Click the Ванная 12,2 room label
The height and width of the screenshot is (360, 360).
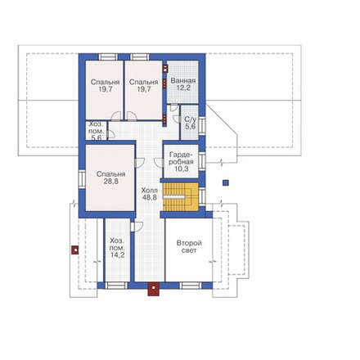[x=183, y=84]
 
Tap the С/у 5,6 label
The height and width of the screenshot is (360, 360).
[x=190, y=123]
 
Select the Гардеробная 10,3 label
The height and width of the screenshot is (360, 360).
[x=182, y=162]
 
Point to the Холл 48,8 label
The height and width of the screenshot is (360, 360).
[x=150, y=194]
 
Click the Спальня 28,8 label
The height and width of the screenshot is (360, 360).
[x=111, y=178]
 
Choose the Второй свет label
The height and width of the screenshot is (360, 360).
[x=189, y=246]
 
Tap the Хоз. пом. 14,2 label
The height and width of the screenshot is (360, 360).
[x=117, y=248]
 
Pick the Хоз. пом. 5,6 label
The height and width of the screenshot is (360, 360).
[x=97, y=131]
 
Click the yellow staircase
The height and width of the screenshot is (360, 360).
[x=181, y=196]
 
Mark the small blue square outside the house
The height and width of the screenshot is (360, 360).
[x=225, y=182]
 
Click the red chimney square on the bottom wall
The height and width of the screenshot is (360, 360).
[x=154, y=289]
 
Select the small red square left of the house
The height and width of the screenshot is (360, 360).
[x=75, y=250]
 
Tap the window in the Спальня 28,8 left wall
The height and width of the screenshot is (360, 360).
[x=83, y=179]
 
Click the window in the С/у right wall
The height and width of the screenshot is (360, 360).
[x=202, y=126]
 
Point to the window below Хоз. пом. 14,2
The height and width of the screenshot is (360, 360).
[x=116, y=286]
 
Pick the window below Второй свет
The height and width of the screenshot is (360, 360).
[x=191, y=286]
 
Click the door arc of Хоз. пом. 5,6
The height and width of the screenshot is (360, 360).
[x=112, y=134]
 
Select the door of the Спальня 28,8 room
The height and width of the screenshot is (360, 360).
[x=139, y=163]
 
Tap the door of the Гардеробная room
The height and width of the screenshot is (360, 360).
[x=159, y=163]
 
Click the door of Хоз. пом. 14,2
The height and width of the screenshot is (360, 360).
[x=137, y=227]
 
